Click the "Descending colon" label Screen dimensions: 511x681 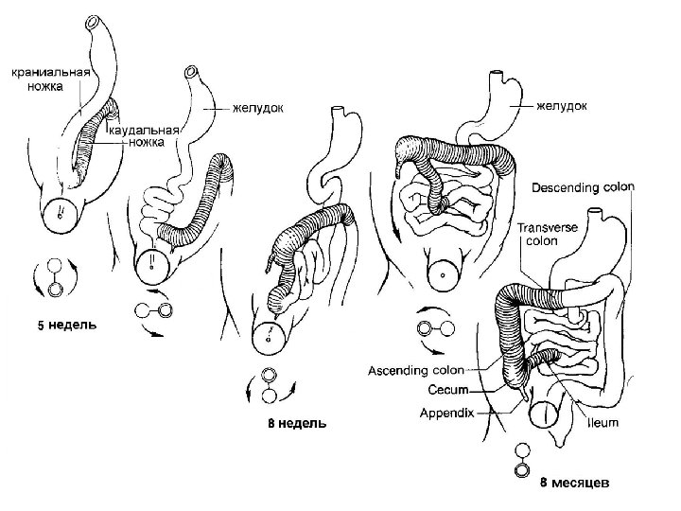(x=584, y=187)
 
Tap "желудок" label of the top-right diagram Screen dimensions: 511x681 (x=561, y=107)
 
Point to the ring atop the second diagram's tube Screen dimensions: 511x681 (x=193, y=71)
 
